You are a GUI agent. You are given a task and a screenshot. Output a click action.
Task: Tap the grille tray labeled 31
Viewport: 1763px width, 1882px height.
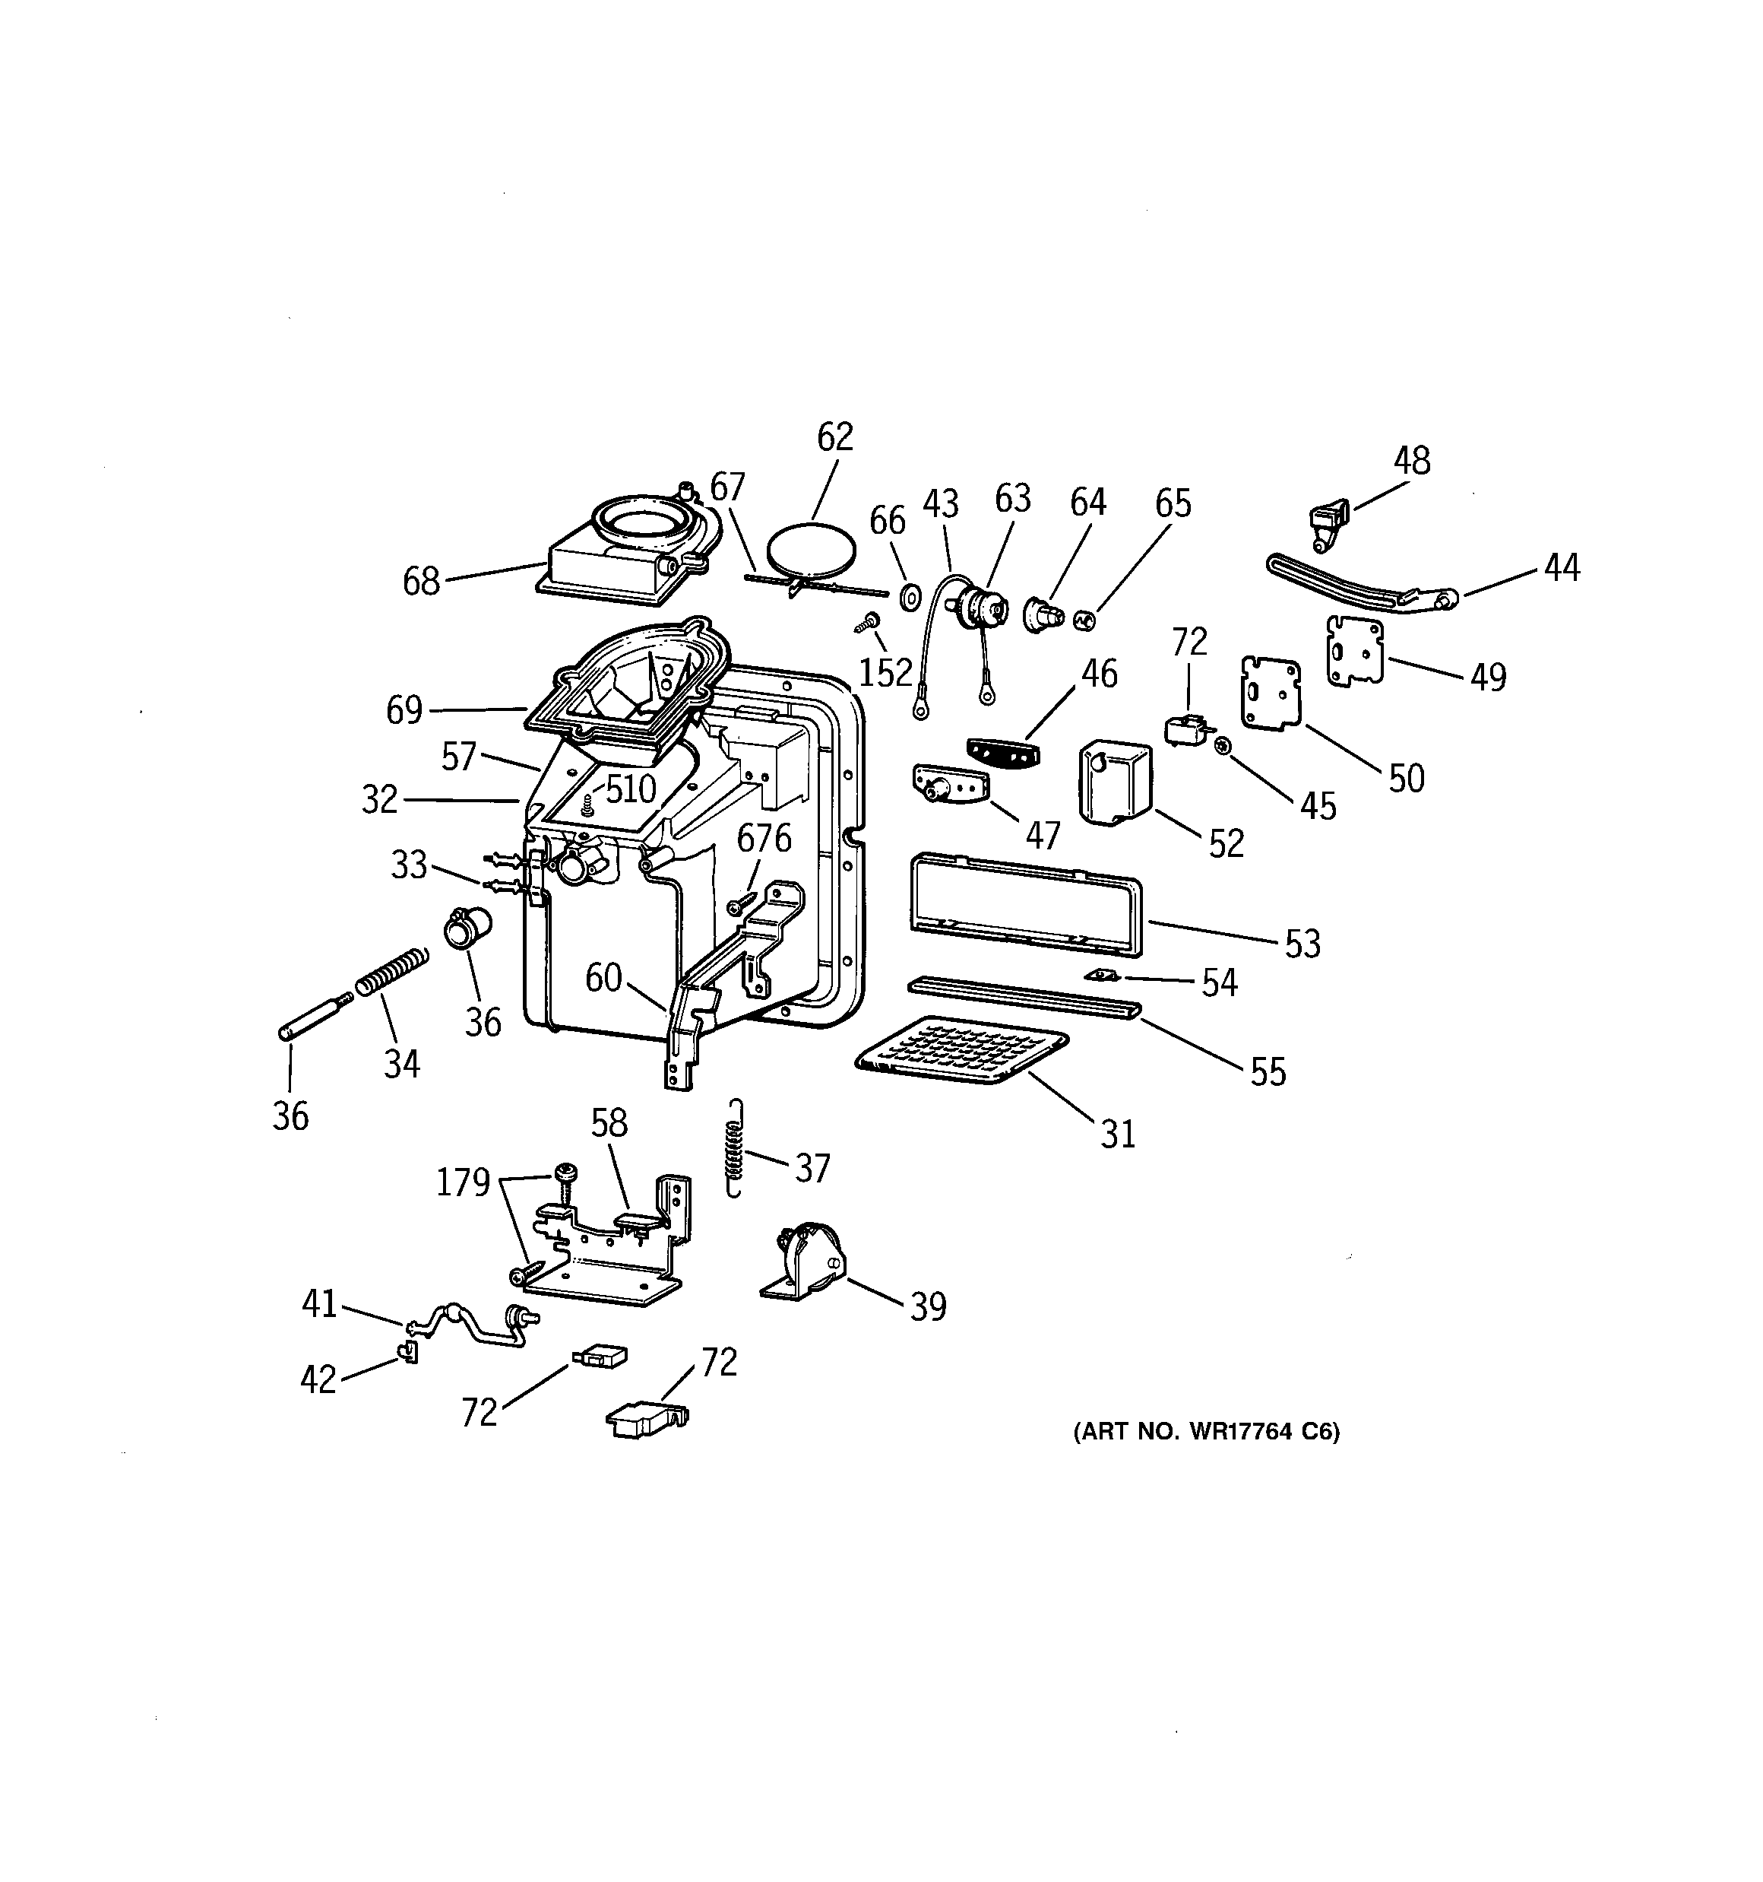point(961,1050)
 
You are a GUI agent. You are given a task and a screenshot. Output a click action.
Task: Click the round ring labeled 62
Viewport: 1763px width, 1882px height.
point(812,550)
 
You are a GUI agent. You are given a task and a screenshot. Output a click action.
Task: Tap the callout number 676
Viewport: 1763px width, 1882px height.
point(764,839)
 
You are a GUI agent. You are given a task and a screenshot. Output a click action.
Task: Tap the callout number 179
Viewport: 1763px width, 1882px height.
point(462,1182)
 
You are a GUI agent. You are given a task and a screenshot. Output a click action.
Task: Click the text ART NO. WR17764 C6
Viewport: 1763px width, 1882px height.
point(1206,1431)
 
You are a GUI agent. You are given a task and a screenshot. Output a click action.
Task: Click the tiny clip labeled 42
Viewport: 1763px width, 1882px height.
point(410,1353)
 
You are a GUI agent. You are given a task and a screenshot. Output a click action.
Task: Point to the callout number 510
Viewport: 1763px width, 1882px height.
point(630,788)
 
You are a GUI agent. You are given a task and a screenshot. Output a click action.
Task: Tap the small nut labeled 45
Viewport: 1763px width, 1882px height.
point(1222,746)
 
